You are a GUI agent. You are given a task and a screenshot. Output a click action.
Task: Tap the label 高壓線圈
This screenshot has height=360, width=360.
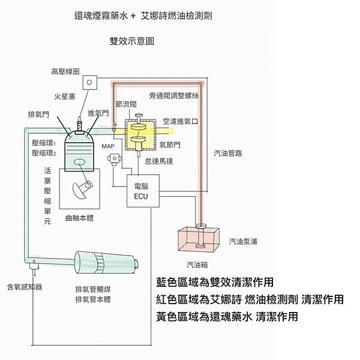coord(65,72)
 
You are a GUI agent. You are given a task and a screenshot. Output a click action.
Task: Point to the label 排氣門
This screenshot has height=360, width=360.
coord(38,114)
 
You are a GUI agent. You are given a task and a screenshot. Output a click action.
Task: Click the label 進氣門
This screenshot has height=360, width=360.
coord(98,113)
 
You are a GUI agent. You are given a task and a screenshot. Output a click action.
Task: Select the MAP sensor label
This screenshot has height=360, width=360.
coord(107,146)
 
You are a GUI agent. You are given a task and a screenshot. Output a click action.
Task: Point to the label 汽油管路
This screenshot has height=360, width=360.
coord(227,154)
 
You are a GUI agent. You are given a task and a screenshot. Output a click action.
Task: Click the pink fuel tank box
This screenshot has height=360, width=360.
coord(197,241)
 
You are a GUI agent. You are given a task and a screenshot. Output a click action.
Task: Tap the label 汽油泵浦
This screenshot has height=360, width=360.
coord(244,242)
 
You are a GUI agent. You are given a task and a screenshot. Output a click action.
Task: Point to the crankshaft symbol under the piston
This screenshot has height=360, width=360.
coord(82,188)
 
